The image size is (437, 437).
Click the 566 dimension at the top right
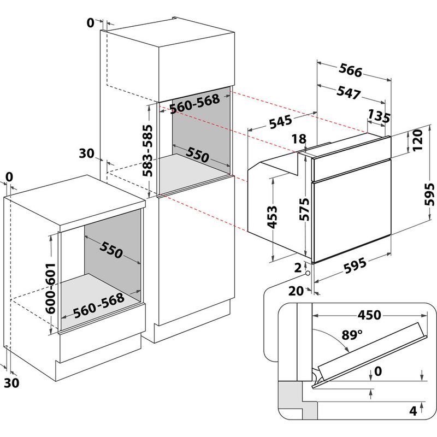tap(351, 71)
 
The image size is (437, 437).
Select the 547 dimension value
tap(349, 93)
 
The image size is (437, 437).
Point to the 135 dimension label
tap(379, 116)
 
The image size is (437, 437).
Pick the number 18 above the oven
tap(299, 139)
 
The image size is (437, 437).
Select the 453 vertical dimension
tap(272, 217)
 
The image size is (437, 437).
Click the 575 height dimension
tap(304, 209)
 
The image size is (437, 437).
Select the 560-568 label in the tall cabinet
tap(194, 104)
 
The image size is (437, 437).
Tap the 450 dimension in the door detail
tap(369, 316)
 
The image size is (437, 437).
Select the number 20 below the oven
tap(296, 291)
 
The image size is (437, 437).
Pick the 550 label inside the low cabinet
tap(111, 250)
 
